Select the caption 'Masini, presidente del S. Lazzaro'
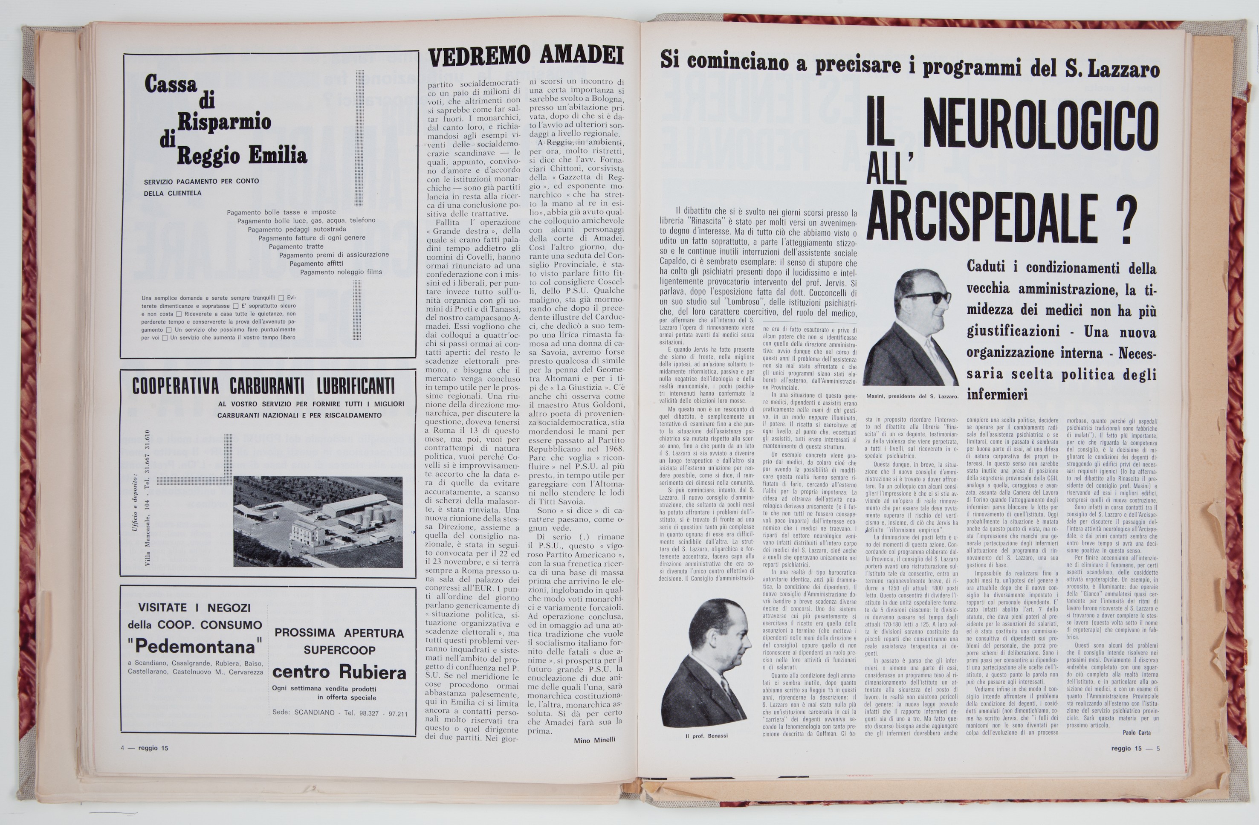pos(912,396)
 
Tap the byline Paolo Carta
pos(1136,732)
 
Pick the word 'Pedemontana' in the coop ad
pos(195,646)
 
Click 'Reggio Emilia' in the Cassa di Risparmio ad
pos(241,156)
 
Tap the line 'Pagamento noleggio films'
pos(341,272)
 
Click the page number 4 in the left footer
pos(123,748)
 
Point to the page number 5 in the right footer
pos(1158,748)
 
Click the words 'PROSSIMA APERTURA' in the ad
pos(339,633)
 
